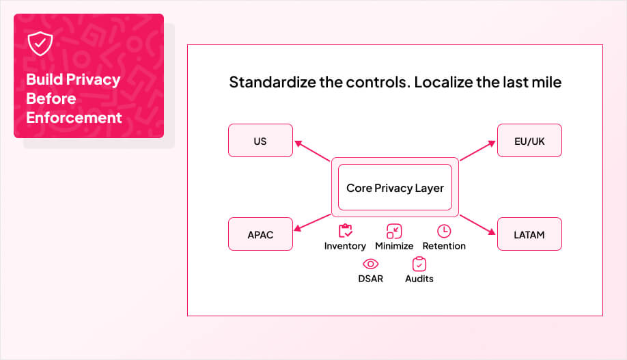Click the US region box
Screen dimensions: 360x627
click(x=260, y=141)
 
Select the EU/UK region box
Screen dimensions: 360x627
click(x=529, y=141)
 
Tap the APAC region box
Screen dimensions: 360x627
click(x=260, y=234)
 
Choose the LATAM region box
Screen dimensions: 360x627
click(x=529, y=234)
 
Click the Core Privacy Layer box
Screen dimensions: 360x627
click(x=395, y=187)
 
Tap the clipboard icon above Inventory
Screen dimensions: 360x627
click(x=345, y=231)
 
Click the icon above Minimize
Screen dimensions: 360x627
click(x=394, y=231)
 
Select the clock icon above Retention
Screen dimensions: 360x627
click(x=444, y=231)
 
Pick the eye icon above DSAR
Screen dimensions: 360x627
click(x=370, y=264)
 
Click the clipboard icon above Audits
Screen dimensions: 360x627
click(x=419, y=264)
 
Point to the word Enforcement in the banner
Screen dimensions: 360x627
click(x=74, y=117)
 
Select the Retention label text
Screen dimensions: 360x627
click(x=444, y=246)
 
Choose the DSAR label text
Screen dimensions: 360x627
click(x=370, y=279)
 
